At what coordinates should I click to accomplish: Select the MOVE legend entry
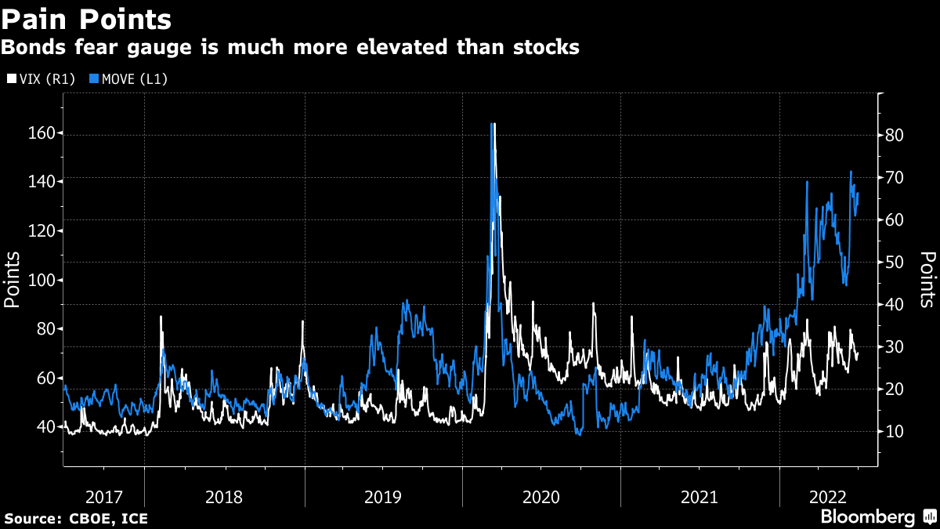tap(128, 79)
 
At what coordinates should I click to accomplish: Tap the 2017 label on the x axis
tap(104, 497)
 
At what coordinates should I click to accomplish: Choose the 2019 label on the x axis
tap(384, 497)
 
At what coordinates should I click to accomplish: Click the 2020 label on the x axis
tap(541, 497)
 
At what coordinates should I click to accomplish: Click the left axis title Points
tap(13, 280)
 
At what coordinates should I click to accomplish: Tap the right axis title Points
tap(927, 280)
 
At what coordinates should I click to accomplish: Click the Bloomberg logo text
tap(867, 517)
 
